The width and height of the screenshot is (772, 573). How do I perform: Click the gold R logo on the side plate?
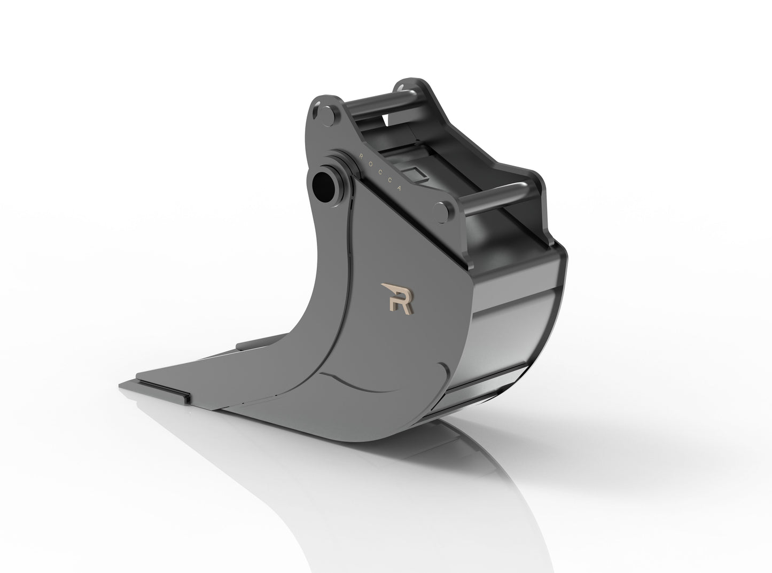[400, 297]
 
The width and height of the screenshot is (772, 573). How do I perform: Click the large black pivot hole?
[323, 186]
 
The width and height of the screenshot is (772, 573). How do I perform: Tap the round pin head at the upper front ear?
[325, 113]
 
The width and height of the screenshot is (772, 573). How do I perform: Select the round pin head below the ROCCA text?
[443, 210]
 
